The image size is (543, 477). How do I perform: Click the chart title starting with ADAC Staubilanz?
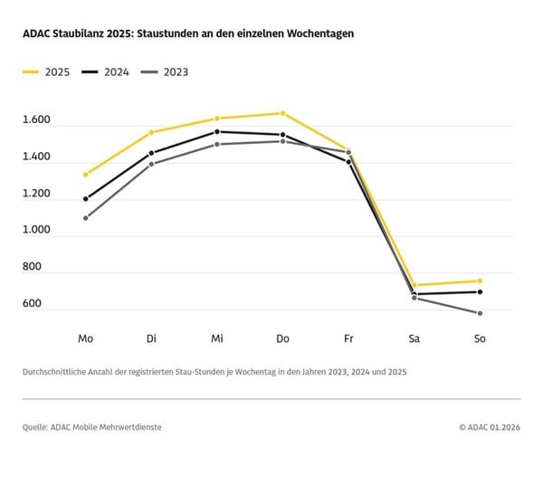pyautogui.click(x=188, y=33)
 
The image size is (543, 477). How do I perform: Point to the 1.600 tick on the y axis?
pyautogui.click(x=37, y=120)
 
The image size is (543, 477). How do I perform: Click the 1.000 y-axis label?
pyautogui.click(x=37, y=231)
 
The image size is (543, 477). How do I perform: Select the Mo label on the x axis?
pyautogui.click(x=85, y=339)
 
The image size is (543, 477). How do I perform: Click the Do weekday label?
pyautogui.click(x=282, y=339)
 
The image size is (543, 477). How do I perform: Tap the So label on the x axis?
pyautogui.click(x=480, y=339)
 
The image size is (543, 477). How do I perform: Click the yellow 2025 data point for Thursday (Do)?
pyautogui.click(x=282, y=113)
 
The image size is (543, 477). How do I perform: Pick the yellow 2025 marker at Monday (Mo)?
pyautogui.click(x=85, y=174)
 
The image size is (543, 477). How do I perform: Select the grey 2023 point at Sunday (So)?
pyautogui.click(x=480, y=313)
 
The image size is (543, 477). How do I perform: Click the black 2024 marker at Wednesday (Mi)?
pyautogui.click(x=217, y=131)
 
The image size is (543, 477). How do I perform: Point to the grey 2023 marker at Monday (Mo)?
pyautogui.click(x=85, y=217)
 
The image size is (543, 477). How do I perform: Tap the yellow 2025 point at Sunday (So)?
pyautogui.click(x=480, y=281)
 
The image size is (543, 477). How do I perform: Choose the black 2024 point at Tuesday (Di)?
pyautogui.click(x=151, y=153)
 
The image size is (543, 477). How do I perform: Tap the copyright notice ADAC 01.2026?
pyautogui.click(x=490, y=426)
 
